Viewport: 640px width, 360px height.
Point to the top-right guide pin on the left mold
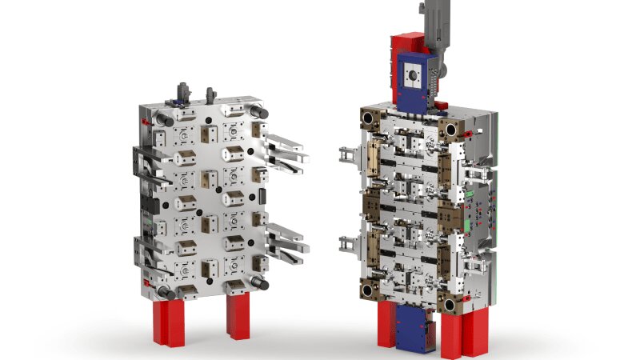pos(258,111)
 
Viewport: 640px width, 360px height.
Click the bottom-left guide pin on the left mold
pos(163,292)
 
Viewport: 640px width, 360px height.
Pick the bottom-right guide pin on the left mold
pos(260,282)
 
